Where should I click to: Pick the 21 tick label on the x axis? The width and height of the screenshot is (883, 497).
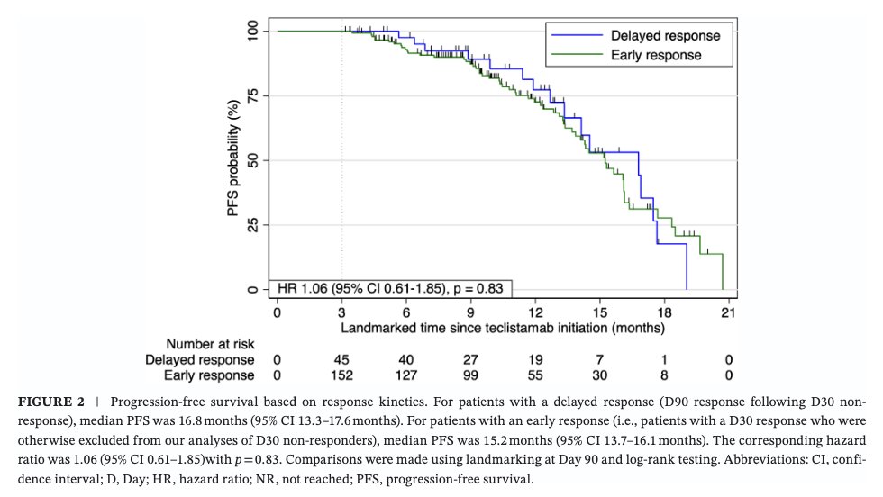(728, 312)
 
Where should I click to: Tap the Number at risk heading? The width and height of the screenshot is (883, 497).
(210, 344)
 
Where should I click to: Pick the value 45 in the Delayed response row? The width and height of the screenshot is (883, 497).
(341, 359)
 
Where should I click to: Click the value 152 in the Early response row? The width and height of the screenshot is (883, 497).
(341, 375)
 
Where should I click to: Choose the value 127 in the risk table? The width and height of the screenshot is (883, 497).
(406, 375)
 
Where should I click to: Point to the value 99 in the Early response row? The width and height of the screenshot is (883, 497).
(470, 375)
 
